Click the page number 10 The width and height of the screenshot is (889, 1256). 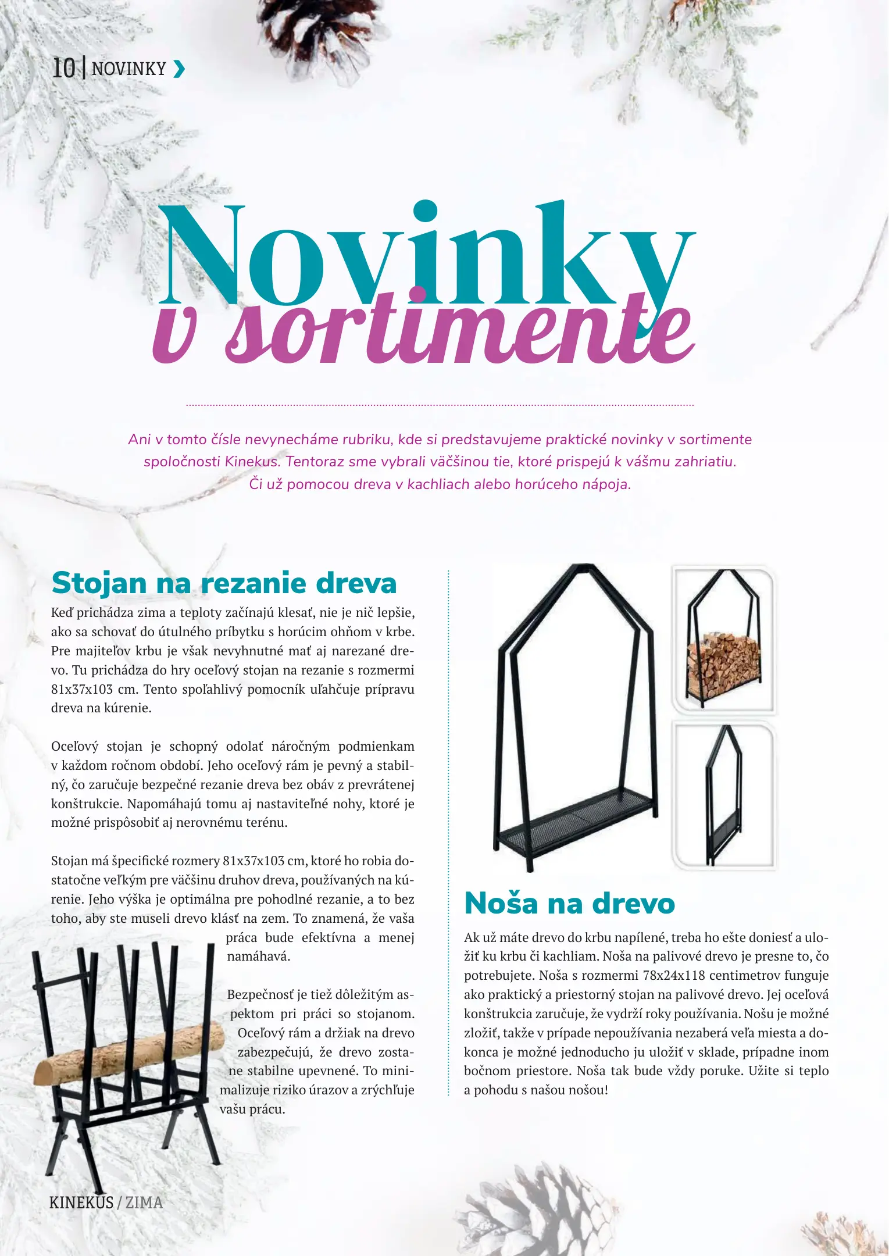[64, 68]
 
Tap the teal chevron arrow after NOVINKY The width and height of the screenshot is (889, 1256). [180, 69]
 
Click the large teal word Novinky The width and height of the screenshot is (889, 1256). [427, 256]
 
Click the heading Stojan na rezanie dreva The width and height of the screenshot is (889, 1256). [224, 583]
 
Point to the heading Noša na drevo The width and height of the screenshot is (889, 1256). [569, 904]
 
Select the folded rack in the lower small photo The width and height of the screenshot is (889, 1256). [724, 797]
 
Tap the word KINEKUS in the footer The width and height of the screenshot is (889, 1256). [81, 1203]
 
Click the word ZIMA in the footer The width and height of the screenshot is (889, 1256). [144, 1203]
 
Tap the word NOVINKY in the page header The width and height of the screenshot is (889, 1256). [129, 69]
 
